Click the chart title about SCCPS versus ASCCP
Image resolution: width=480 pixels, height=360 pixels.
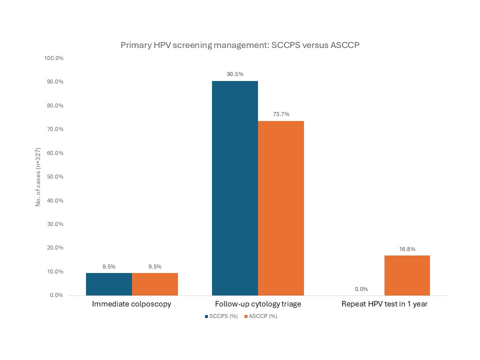(x=240, y=45)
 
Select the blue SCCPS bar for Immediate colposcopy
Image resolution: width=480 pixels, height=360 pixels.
(x=109, y=284)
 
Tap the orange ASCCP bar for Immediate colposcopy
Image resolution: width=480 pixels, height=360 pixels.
(x=155, y=284)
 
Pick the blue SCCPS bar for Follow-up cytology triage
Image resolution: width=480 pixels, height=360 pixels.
(x=235, y=188)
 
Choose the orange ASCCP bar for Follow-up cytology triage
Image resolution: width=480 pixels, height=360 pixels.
(x=281, y=208)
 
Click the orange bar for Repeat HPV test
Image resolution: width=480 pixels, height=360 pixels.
(x=407, y=275)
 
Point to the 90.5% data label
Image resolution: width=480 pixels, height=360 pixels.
(x=235, y=74)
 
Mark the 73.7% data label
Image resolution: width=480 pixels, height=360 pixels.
(x=281, y=114)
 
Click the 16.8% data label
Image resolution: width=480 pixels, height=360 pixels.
(x=407, y=248)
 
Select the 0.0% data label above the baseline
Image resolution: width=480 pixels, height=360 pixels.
(x=361, y=288)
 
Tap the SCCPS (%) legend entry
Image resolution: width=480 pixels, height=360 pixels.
(x=221, y=316)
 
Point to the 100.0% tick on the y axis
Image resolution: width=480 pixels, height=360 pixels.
(x=54, y=58)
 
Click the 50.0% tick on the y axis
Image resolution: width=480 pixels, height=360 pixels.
(x=55, y=176)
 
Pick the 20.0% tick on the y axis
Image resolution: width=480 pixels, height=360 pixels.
(x=55, y=248)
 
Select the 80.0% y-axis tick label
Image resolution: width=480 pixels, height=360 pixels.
(x=55, y=105)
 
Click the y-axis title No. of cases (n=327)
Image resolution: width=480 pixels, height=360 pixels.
(x=38, y=176)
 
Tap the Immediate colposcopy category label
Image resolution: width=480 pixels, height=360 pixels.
(x=132, y=304)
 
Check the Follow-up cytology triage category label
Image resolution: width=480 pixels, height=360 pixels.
(x=258, y=304)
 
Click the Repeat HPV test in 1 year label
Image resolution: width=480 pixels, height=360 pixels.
(x=384, y=304)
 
